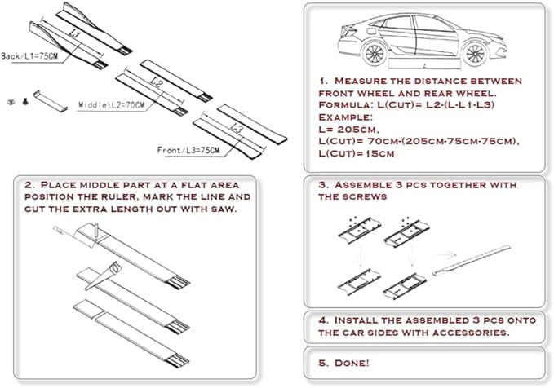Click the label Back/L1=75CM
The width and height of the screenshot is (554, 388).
point(29,56)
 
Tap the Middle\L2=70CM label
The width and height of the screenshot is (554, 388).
point(111,105)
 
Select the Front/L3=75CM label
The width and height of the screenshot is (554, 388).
point(188,150)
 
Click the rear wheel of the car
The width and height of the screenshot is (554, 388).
point(375,54)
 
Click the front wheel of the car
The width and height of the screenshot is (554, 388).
point(475,54)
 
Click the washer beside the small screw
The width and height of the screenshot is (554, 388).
point(11,102)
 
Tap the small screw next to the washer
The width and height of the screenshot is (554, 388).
point(25,101)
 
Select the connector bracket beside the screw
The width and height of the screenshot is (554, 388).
point(51,102)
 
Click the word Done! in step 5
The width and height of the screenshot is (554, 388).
point(352,363)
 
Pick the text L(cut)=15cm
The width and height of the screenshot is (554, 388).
point(356,153)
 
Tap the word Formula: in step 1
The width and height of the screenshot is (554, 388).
point(346,105)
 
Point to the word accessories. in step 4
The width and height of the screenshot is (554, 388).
point(472,333)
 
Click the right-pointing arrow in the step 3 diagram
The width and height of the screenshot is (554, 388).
point(447,255)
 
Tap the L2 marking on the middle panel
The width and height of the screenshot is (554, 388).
point(156,82)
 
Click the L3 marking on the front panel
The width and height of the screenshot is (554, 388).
point(237,128)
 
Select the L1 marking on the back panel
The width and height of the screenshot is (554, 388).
point(74,33)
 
